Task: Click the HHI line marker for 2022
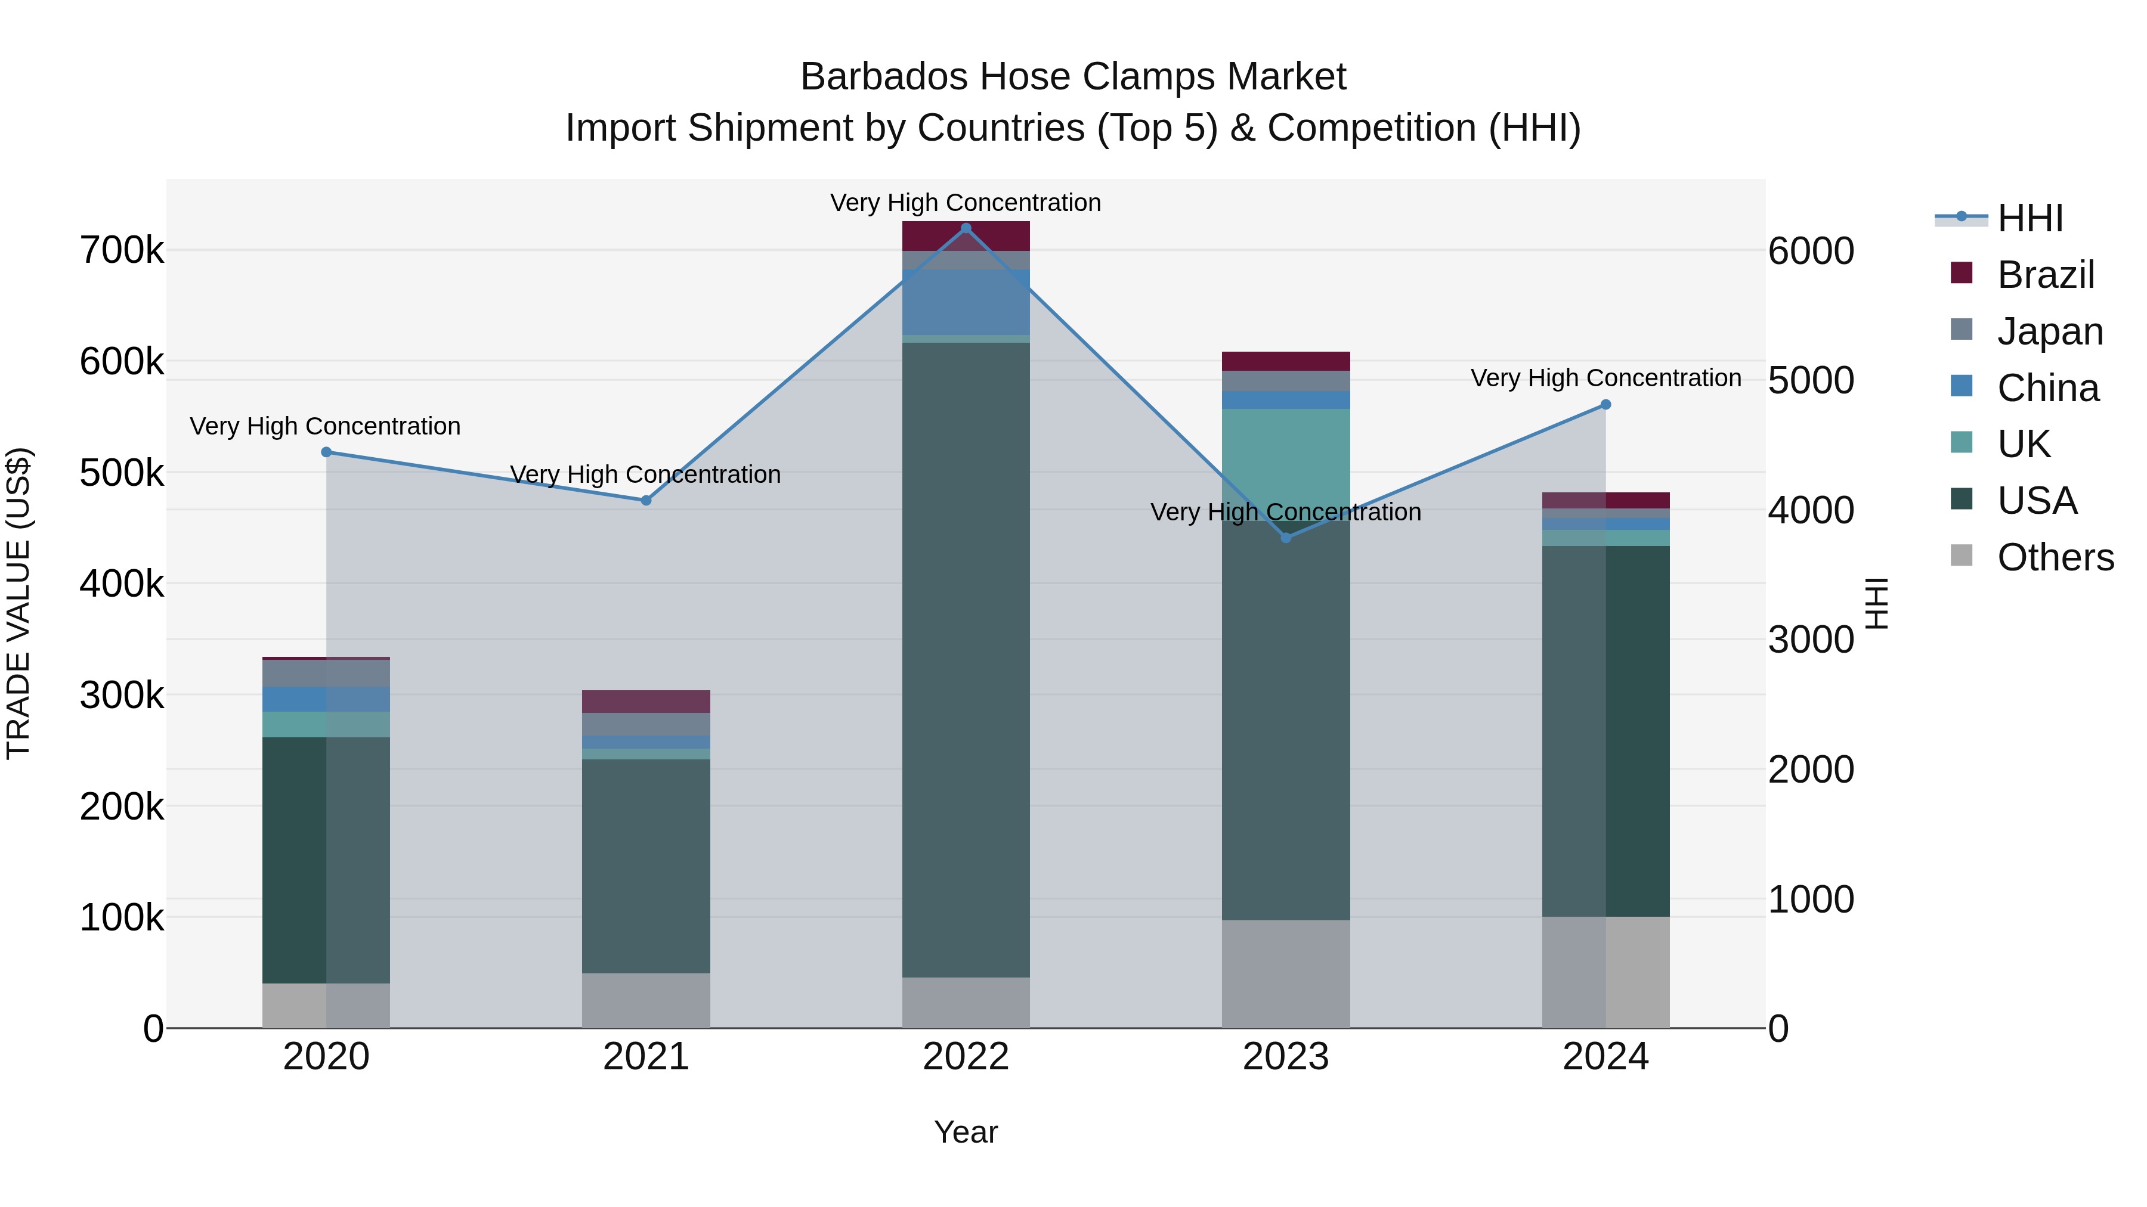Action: [966, 228]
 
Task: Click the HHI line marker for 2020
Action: [326, 452]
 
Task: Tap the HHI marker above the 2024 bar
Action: [1606, 405]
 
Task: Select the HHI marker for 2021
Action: [646, 501]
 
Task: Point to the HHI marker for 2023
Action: [1286, 538]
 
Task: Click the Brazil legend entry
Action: [2046, 275]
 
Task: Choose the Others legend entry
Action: [2055, 557]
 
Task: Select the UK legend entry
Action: [2023, 444]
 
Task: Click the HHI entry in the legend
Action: [2030, 218]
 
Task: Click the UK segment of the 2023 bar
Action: [1286, 458]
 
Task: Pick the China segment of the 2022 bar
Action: [966, 302]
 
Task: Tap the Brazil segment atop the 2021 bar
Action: [646, 702]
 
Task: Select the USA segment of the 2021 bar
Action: [646, 866]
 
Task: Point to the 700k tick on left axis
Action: [122, 250]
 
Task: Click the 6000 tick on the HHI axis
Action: [1810, 251]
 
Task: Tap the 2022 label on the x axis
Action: [966, 1057]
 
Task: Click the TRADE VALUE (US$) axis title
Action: [18, 603]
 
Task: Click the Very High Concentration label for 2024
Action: [1605, 378]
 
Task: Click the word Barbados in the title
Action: [883, 77]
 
